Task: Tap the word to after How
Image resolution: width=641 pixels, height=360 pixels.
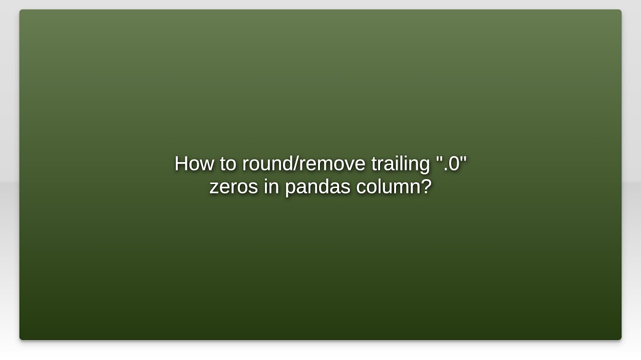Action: point(228,164)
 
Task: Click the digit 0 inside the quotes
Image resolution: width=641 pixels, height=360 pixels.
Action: point(454,164)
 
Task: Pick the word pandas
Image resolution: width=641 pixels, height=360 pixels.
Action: point(318,187)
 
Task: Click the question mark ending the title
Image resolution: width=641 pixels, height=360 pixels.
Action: point(426,186)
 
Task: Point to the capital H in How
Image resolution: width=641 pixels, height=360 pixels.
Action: point(181,164)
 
